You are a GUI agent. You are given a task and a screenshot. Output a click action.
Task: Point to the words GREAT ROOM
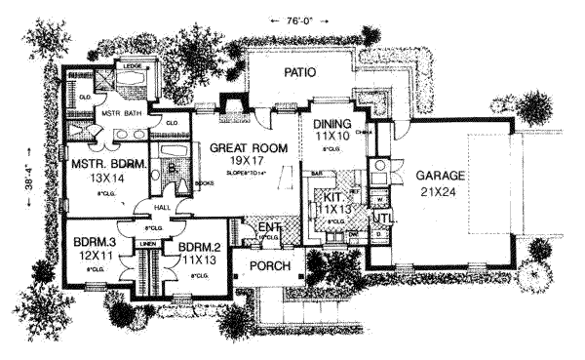point(241,148)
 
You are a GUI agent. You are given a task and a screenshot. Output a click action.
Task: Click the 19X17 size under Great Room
point(240,164)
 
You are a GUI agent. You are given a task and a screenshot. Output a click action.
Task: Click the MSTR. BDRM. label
point(105,164)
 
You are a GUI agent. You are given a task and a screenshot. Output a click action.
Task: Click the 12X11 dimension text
point(95,255)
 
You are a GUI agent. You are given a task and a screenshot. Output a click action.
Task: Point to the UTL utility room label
point(383,219)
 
